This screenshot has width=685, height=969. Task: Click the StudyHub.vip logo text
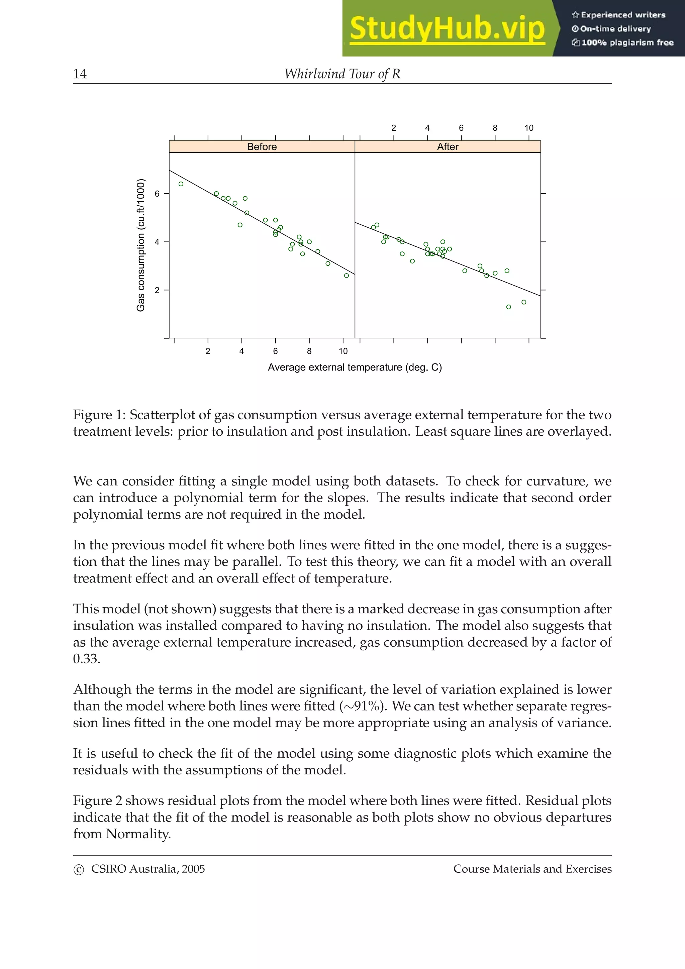coord(447,29)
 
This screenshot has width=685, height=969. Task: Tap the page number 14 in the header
coord(80,74)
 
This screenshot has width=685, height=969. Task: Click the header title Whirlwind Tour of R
coord(342,74)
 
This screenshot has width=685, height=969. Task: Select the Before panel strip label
coord(262,146)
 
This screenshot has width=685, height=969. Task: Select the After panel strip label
coord(448,146)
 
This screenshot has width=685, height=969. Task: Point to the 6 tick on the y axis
coord(157,194)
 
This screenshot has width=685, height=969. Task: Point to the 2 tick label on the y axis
coord(157,290)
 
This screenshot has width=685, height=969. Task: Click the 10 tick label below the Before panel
coord(343,351)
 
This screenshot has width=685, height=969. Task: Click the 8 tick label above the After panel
coord(495,128)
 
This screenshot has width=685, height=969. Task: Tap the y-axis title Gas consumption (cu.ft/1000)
coord(140,245)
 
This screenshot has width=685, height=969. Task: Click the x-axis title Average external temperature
coord(355,367)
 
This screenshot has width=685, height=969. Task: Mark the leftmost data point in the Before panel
coord(181,184)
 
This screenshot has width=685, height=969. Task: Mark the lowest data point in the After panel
coord(509,307)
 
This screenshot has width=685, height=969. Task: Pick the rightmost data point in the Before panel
coord(347,276)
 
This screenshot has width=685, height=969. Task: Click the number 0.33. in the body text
coord(87,659)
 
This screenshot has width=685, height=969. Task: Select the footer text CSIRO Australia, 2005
coord(148,869)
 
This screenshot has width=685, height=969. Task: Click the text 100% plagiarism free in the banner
coord(627,42)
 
